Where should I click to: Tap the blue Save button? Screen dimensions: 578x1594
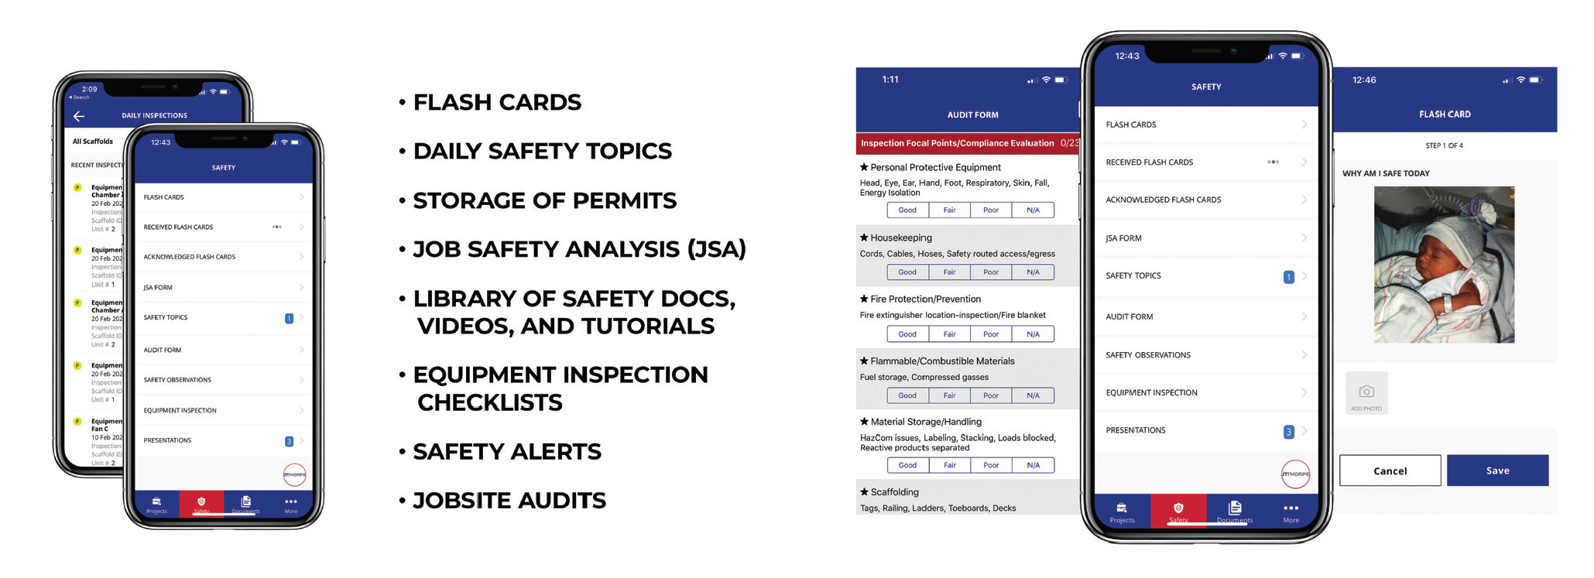tap(1496, 470)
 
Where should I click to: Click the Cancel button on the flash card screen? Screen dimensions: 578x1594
tap(1390, 470)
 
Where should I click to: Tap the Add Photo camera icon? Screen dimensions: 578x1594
tap(1366, 393)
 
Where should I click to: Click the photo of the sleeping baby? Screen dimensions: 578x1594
tap(1444, 265)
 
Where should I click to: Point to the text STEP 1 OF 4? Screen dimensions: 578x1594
tap(1444, 145)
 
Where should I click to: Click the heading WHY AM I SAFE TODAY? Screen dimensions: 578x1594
tap(1386, 173)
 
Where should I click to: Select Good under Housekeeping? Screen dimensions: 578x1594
tap(907, 272)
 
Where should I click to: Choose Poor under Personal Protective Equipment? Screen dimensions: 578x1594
tap(991, 210)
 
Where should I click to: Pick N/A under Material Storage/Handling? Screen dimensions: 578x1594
tap(1033, 465)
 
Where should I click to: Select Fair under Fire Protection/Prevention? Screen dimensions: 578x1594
tap(949, 334)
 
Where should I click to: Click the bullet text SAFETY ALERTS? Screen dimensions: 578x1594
tap(507, 452)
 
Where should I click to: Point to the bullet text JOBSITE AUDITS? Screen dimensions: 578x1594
tap(509, 501)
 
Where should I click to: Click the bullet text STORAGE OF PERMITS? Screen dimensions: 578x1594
tap(544, 200)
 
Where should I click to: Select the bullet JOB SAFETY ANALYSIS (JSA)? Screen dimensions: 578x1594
tap(579, 249)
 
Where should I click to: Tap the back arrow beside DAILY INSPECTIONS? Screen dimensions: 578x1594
tap(79, 116)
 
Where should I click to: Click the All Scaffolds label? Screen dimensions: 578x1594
tap(92, 142)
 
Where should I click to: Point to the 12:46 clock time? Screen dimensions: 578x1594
tap(1364, 80)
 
